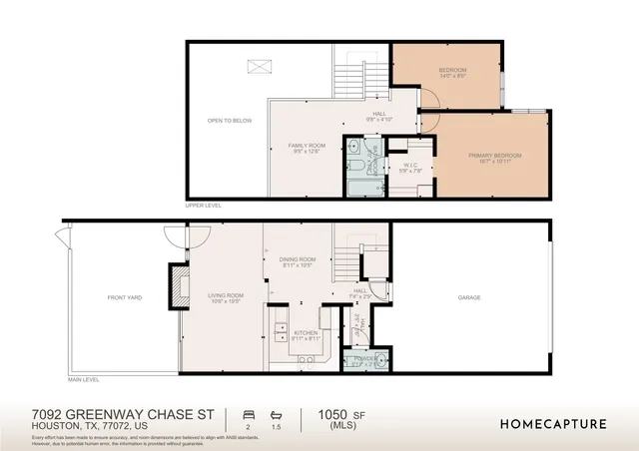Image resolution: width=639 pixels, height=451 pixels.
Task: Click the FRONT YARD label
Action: pos(125,297)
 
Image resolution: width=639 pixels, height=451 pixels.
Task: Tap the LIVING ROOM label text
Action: pos(226,295)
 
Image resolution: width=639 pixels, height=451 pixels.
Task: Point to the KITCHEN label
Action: pos(306,334)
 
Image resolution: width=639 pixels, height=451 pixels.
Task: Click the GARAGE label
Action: pos(469,297)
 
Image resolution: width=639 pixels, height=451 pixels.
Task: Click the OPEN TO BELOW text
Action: pos(229,121)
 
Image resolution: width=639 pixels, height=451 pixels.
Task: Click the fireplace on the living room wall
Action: pos(181,283)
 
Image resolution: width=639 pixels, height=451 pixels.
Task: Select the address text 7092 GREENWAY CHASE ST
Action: pos(110,412)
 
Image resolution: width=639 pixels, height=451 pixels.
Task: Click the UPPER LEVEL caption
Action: pos(203,206)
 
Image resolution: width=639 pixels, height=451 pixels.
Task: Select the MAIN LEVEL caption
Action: pos(84,380)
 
